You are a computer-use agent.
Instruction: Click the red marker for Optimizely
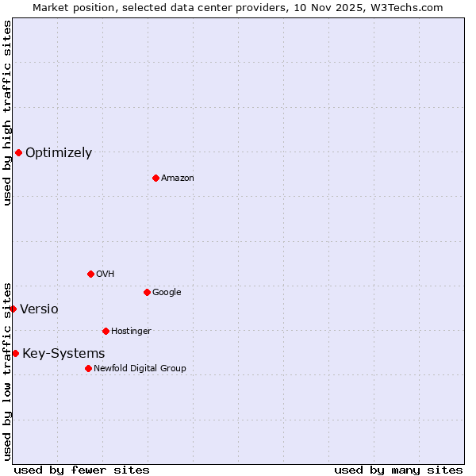click(18, 152)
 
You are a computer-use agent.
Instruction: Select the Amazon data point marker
click(155, 178)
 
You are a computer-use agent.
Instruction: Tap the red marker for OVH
click(90, 274)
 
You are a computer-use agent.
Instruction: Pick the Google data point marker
click(147, 292)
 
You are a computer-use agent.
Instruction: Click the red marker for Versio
click(13, 309)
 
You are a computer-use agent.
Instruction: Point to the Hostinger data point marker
click(106, 331)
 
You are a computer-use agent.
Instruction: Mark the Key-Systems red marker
click(15, 353)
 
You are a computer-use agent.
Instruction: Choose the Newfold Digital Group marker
click(88, 368)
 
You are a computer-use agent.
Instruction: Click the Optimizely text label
click(59, 153)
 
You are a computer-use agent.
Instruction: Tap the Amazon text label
click(178, 178)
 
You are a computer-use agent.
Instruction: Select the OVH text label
click(106, 274)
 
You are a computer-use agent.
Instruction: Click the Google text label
click(167, 293)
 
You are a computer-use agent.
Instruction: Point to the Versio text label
click(39, 309)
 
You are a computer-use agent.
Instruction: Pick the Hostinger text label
click(131, 332)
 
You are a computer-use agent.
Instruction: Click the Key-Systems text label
click(63, 354)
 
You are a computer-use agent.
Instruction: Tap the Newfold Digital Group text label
click(140, 369)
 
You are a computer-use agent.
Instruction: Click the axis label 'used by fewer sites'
click(82, 470)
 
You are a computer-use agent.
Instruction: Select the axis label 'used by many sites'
click(398, 470)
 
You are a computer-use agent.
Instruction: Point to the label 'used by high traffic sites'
click(7, 113)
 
